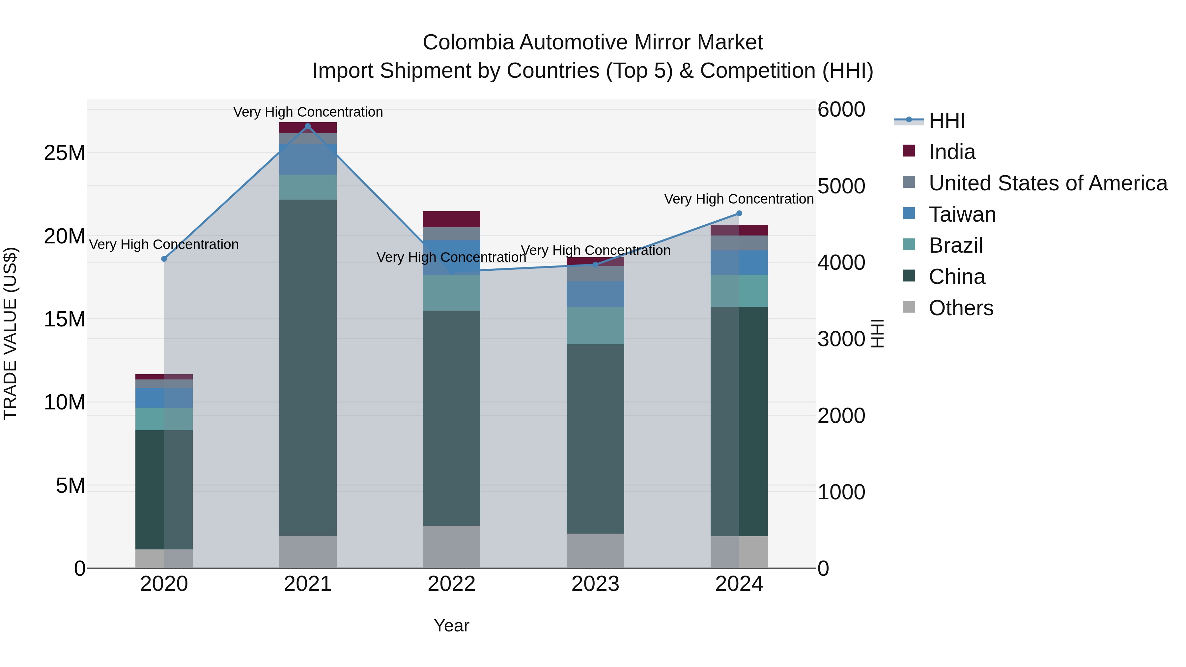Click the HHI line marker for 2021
(308, 126)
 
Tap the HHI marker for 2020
(164, 259)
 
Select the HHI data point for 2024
(739, 213)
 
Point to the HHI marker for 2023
(595, 265)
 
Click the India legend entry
(952, 152)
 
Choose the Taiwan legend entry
(962, 214)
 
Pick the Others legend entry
(961, 308)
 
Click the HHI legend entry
(946, 121)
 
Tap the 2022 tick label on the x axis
(451, 584)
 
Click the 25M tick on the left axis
(65, 153)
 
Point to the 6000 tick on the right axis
(841, 110)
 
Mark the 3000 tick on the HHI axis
(841, 339)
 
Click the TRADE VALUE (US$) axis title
(10, 333)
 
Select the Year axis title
(451, 625)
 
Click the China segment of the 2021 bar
(308, 368)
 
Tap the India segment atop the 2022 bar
(451, 219)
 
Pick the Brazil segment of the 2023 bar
(595, 325)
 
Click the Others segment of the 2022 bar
(451, 547)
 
